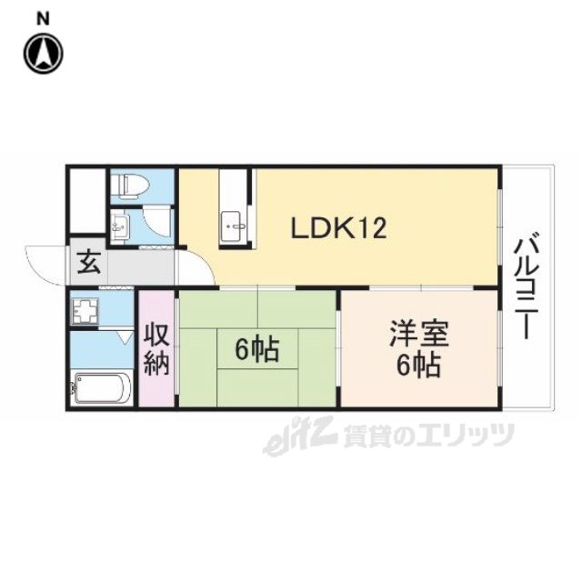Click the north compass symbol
[x=44, y=53]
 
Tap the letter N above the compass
[x=44, y=18]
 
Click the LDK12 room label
[x=339, y=228]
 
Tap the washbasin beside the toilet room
[x=120, y=226]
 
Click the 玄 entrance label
[x=89, y=263]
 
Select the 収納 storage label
[x=157, y=349]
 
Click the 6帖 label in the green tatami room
[x=257, y=349]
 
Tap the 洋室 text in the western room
[x=419, y=334]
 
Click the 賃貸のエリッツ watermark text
[x=428, y=436]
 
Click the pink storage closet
[x=156, y=348]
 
